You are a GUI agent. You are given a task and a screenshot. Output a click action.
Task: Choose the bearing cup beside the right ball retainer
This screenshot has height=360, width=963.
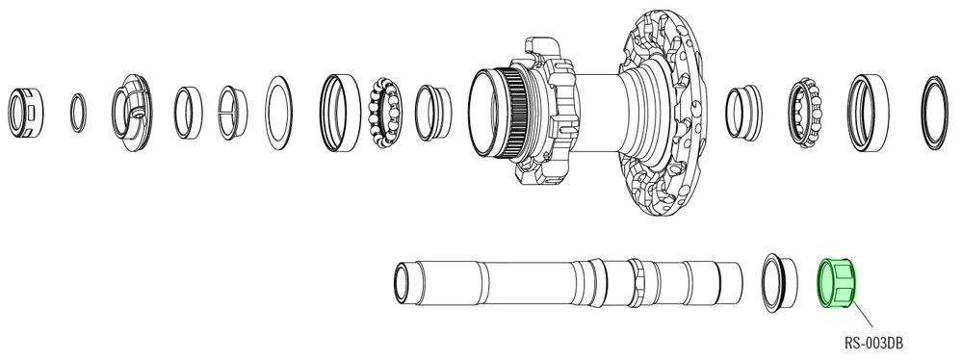tap(866, 111)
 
